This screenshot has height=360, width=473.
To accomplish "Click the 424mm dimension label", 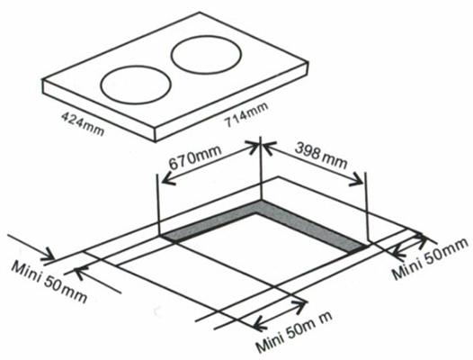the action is coord(83,124).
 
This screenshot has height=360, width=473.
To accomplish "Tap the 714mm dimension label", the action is coord(245,114).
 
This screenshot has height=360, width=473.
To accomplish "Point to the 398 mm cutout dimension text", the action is coord(321,155).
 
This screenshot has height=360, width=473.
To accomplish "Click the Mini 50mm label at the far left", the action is coord(49,281).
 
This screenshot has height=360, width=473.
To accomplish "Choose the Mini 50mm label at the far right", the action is coord(431,258).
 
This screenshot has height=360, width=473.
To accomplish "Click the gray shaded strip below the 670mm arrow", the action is coord(210,220).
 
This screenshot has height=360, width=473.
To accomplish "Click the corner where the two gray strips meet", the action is coord(261,201).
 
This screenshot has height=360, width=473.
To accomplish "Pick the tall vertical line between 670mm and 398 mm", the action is coord(261,168).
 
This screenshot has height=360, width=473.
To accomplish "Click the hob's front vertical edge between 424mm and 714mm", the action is coord(156,134).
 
